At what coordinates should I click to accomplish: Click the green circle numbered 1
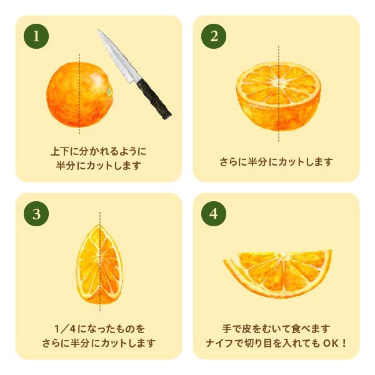36,36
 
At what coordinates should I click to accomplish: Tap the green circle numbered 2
214,36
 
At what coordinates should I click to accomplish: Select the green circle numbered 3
36,214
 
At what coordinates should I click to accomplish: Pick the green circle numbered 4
214,214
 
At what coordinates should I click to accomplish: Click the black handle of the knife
154,99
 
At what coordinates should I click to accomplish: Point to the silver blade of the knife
118,57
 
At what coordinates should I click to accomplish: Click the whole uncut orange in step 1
79,94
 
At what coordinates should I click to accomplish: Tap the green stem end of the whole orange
110,92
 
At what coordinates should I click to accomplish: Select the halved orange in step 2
279,97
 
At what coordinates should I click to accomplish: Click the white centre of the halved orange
280,83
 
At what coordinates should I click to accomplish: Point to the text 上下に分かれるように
99,151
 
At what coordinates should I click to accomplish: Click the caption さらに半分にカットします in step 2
276,162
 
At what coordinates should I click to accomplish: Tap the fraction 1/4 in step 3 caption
65,329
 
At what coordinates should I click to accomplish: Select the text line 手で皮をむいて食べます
276,329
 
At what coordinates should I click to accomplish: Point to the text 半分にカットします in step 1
99,166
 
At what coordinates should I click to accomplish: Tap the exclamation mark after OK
344,343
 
